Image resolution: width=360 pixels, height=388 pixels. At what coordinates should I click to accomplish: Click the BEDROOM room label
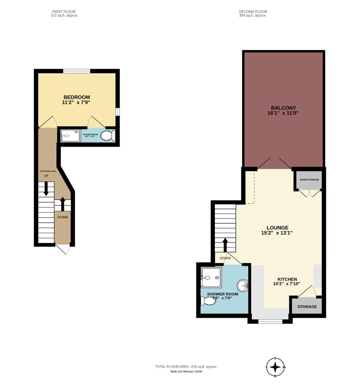(77, 97)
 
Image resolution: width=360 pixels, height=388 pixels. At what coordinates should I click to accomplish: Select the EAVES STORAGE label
(309, 180)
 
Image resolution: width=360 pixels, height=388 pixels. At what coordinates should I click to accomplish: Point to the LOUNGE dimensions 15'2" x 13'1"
(277, 233)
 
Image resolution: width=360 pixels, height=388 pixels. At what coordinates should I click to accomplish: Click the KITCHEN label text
(287, 279)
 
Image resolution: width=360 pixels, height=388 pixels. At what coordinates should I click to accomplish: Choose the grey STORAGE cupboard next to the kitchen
(306, 306)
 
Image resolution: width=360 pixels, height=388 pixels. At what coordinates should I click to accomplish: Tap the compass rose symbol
(275, 367)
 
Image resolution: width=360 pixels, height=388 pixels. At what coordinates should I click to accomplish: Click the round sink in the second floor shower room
(243, 286)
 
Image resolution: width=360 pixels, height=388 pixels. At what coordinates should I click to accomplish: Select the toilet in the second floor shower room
(208, 301)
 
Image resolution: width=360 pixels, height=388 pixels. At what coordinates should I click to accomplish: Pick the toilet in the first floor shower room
(107, 135)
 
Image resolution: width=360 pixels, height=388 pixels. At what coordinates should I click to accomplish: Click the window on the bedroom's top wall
(77, 71)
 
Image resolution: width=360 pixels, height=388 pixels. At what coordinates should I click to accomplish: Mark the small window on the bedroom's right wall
(117, 112)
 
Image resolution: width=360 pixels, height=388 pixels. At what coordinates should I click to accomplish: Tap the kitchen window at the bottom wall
(270, 321)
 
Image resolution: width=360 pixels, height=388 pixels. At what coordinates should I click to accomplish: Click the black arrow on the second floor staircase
(225, 245)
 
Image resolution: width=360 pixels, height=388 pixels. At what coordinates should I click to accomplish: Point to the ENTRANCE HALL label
(48, 171)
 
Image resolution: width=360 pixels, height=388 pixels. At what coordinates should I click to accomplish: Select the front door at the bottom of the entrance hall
(63, 249)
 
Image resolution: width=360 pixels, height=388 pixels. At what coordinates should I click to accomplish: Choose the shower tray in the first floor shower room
(70, 136)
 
